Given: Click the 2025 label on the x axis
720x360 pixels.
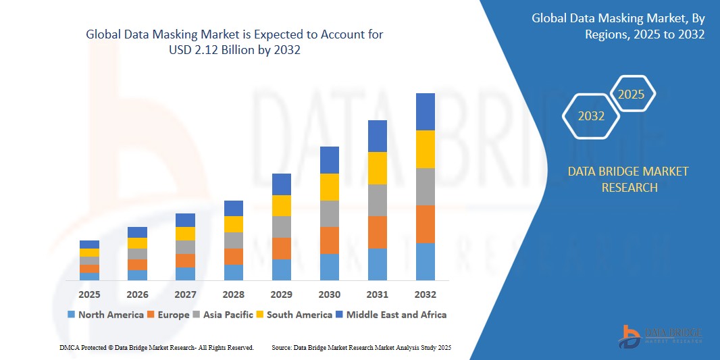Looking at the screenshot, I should (x=89, y=294).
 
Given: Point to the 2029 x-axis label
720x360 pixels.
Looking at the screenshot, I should (x=282, y=294).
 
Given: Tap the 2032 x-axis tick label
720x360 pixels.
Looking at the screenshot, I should (x=426, y=294).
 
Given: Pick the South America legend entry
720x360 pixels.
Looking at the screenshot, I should (x=294, y=315).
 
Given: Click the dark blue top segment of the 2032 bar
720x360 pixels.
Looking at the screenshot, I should (x=426, y=111).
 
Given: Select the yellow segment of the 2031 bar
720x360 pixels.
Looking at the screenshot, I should (x=378, y=168).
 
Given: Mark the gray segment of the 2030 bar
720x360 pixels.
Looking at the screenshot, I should (x=330, y=213).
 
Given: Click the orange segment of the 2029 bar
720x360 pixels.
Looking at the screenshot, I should (x=282, y=248).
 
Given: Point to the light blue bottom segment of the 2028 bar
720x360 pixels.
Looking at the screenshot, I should (x=234, y=272).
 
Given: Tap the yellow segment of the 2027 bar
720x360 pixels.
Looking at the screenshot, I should (x=186, y=234).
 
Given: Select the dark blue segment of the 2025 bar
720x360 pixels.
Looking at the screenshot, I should (x=89, y=245).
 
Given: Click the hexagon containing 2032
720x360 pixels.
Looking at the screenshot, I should (x=591, y=116).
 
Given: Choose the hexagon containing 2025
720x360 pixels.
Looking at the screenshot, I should (x=632, y=95).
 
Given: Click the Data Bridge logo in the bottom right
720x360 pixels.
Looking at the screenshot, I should (x=661, y=336).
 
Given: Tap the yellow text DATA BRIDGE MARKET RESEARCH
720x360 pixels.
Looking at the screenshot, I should (x=628, y=179).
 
